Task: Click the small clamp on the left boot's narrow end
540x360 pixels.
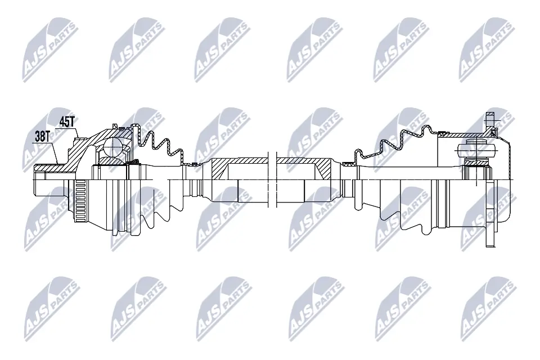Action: pyautogui.click(x=193, y=164)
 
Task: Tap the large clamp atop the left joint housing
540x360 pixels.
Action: pyautogui.click(x=115, y=125)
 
